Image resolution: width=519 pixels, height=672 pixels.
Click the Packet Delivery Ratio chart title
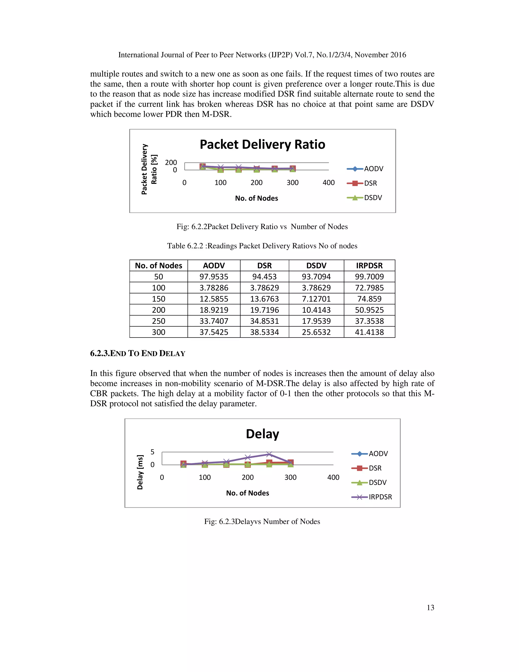262,144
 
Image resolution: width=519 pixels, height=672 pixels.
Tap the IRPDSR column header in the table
369,266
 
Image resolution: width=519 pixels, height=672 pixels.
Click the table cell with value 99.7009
369,277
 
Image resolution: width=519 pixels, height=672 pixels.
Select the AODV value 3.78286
214,288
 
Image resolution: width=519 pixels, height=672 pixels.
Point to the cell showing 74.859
369,299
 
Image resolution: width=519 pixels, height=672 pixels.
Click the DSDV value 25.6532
316,332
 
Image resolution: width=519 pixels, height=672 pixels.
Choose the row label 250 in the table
158,321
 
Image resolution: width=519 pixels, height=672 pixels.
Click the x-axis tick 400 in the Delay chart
333,477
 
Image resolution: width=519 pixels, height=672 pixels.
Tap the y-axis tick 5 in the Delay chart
152,452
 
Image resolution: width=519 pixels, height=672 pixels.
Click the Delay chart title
262,434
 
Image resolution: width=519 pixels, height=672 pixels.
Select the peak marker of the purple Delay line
269,454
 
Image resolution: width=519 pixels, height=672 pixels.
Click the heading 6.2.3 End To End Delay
137,353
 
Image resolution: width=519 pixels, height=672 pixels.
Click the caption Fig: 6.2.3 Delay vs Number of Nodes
262,521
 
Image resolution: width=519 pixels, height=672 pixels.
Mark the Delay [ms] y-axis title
140,472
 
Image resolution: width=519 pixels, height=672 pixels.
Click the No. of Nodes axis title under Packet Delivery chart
256,198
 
